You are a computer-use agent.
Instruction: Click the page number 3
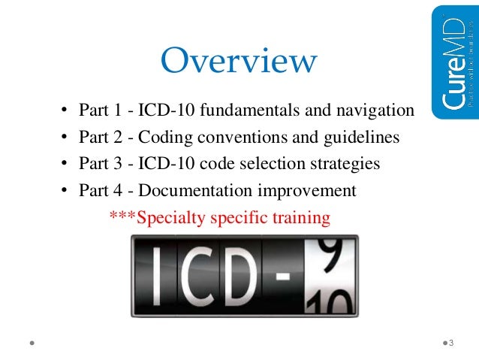pyautogui.click(x=452, y=343)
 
